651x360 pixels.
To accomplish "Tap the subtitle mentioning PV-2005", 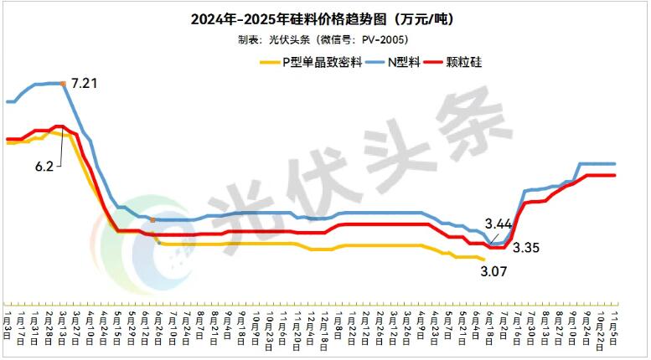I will coord(326,39).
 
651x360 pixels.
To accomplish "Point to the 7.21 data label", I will coord(85,84).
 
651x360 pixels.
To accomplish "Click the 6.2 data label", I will coord(44,167).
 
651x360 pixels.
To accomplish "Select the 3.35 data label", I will coord(526,247).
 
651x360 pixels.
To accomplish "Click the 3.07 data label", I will coord(494,270).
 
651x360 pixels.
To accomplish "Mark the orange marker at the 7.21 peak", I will coord(64,83).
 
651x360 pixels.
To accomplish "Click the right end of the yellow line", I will coord(506,259).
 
